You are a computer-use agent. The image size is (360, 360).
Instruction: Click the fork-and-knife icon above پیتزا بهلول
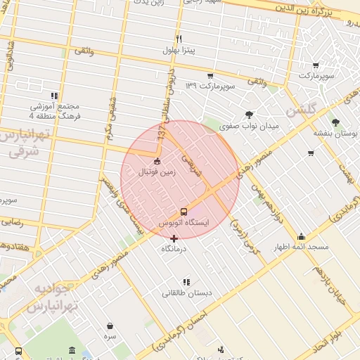[179, 39]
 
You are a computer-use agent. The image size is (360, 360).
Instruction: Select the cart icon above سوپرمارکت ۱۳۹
[210, 75]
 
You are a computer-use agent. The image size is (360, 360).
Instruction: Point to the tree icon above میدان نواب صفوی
[249, 115]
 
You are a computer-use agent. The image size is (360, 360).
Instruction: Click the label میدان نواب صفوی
[249, 127]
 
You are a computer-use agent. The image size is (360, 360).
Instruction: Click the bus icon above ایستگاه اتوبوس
[184, 211]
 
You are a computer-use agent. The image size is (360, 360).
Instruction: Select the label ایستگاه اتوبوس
[184, 223]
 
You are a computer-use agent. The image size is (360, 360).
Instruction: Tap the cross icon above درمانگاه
[174, 238]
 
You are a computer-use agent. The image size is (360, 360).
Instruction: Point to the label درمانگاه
[176, 249]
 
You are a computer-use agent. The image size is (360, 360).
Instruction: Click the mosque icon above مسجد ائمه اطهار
[302, 236]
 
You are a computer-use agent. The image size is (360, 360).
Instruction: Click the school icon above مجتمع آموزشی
[53, 96]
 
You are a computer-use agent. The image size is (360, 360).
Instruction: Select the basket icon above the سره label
[110, 326]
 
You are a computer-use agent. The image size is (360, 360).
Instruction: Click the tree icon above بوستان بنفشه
[335, 122]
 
